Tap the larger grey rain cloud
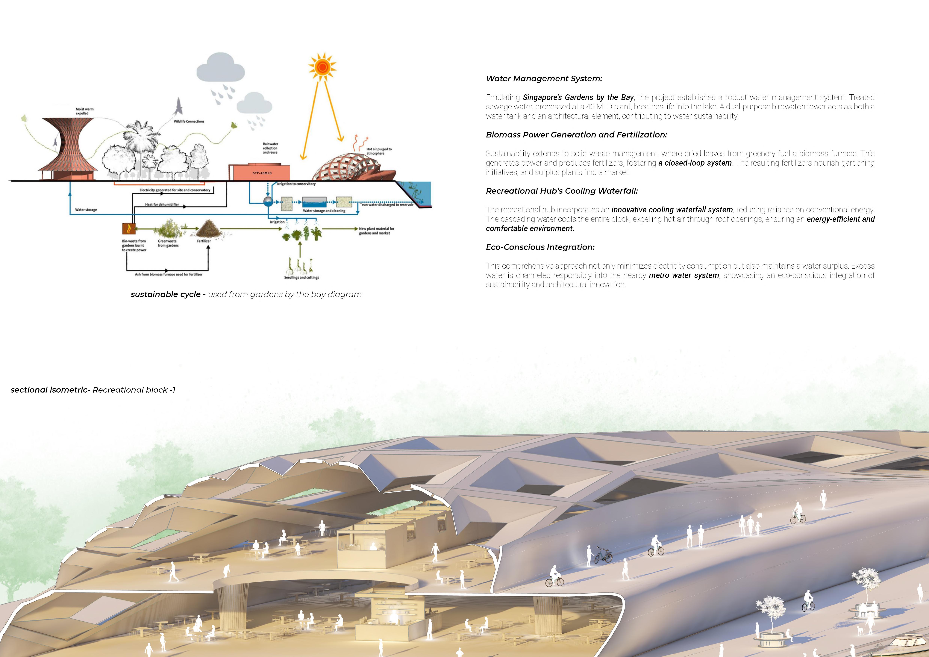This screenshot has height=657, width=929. tap(221, 69)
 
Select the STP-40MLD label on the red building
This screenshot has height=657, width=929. tap(262, 173)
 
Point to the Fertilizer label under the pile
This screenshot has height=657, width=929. tap(204, 241)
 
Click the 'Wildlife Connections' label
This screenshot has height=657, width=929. tap(189, 121)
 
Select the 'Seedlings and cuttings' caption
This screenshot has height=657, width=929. tap(301, 278)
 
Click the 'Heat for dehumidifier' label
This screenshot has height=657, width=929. tap(162, 204)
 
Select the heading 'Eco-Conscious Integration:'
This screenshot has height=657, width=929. tap(540, 247)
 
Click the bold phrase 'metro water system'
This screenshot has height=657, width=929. tap(684, 275)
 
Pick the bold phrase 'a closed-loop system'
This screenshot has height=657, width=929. tap(695, 163)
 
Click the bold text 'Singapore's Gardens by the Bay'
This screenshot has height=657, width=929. tap(578, 98)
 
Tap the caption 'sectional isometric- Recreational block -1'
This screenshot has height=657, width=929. tap(93, 390)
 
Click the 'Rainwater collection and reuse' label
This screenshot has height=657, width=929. tap(270, 148)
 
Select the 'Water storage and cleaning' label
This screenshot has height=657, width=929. tap(324, 211)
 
